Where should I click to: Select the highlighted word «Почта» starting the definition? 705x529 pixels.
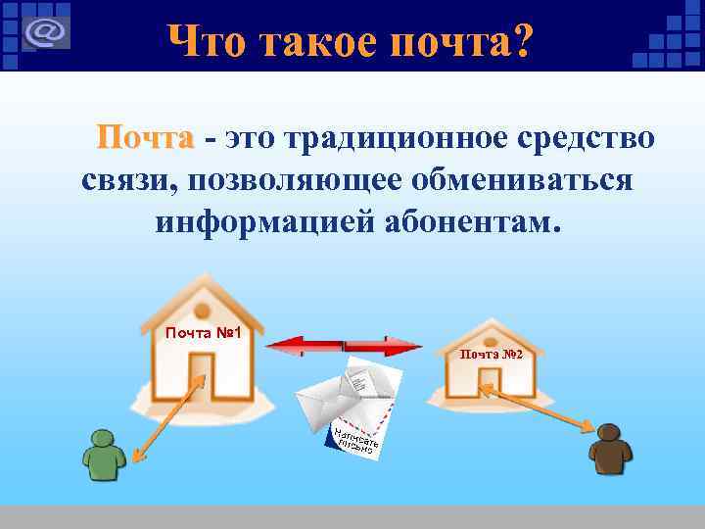pos(145,139)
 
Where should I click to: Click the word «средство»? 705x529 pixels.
pos(587,139)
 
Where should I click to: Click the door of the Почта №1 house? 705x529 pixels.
pos(204,377)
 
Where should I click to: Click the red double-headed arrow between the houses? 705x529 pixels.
pos(344,345)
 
